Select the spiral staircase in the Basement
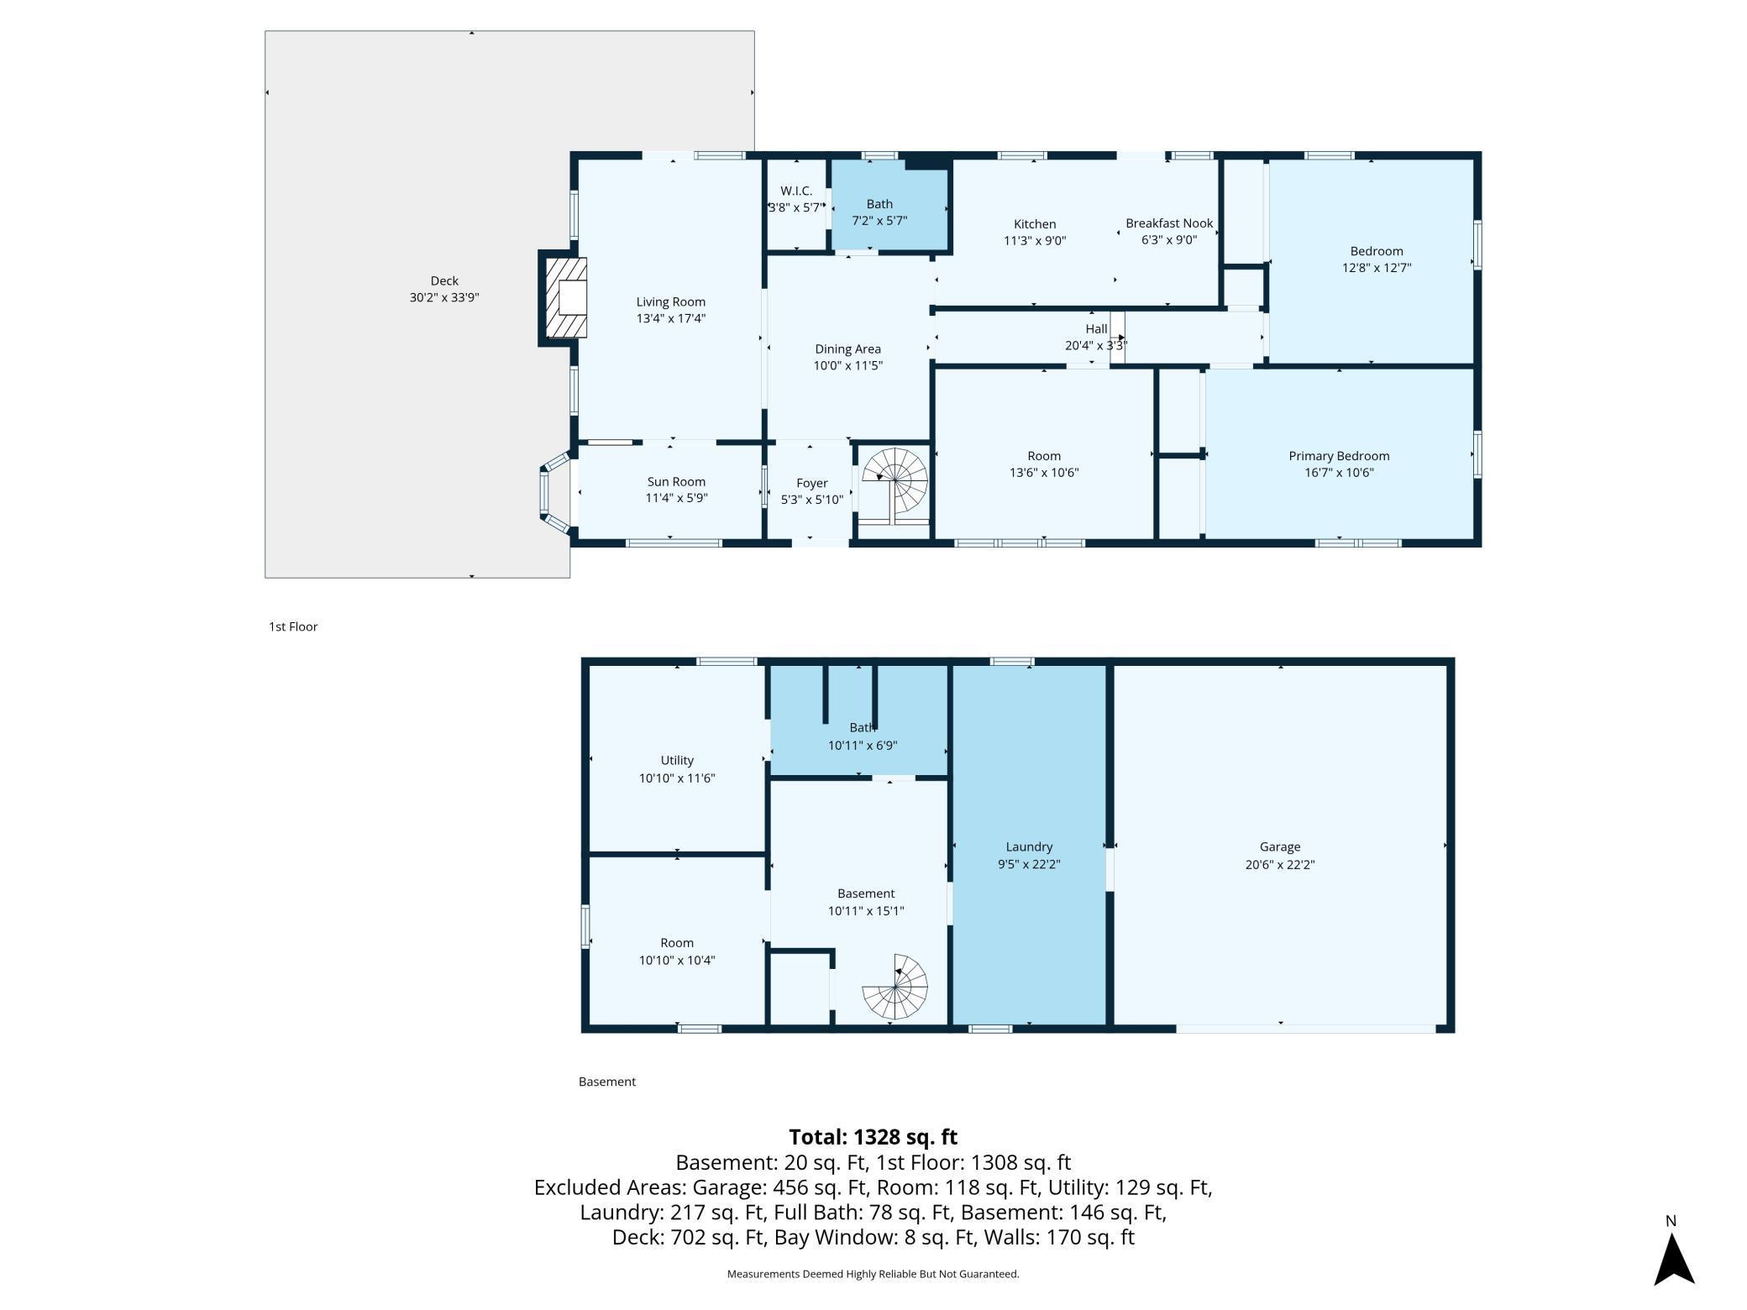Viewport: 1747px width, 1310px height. [895, 986]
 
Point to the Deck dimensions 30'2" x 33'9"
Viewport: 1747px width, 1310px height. [444, 297]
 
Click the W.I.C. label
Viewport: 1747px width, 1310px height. [796, 191]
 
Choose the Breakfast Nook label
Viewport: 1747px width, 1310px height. [1169, 223]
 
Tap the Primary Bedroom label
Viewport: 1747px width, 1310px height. [1339, 456]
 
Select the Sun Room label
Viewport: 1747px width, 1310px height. [676, 482]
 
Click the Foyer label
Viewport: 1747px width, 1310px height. [811, 484]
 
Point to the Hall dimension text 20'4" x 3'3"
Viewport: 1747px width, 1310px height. [1096, 345]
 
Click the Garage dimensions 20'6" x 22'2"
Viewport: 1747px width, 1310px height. [1280, 865]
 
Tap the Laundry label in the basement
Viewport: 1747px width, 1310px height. [1029, 847]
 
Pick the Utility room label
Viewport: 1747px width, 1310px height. [677, 761]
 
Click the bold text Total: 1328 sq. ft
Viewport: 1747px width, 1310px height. [873, 1137]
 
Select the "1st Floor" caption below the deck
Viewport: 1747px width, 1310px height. [293, 626]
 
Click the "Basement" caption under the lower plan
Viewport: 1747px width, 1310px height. [607, 1082]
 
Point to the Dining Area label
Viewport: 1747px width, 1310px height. [847, 349]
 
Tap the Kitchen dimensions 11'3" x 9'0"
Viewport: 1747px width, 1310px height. [1035, 241]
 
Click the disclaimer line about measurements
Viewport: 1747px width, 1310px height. [873, 1274]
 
